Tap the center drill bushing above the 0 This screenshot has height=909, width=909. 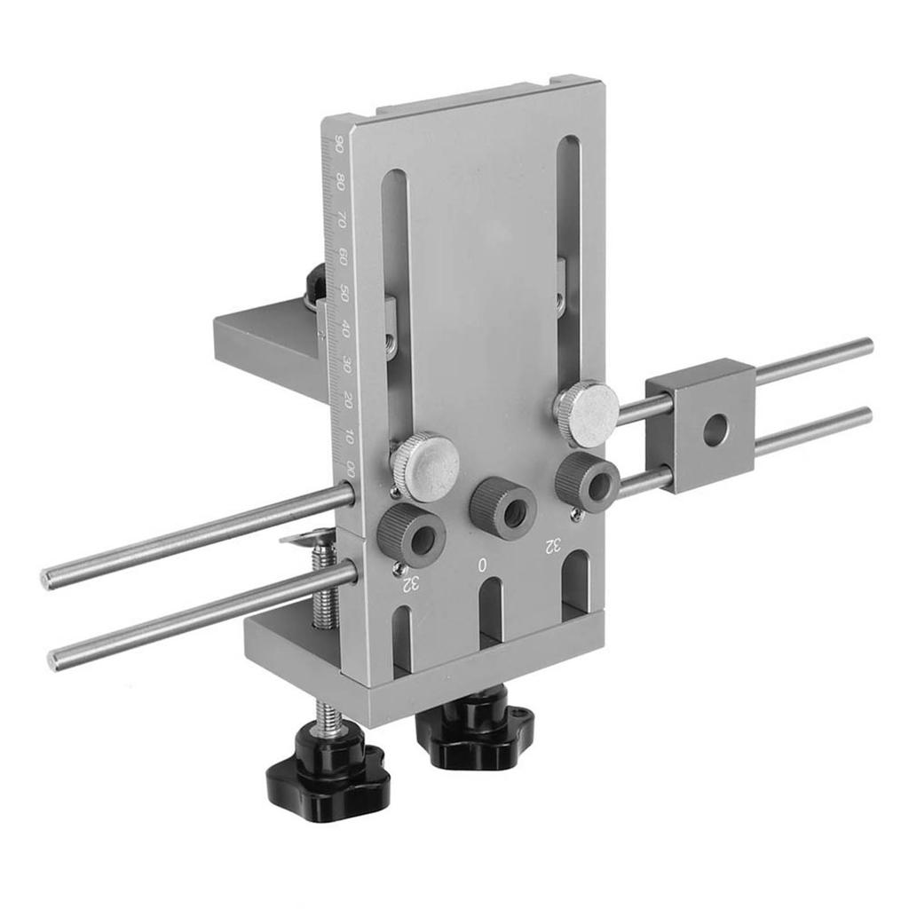click(504, 508)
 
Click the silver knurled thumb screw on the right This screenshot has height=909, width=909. click(586, 414)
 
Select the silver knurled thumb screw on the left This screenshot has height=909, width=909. click(425, 465)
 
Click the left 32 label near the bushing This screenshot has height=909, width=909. click(410, 583)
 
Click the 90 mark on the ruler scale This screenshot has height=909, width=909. click(337, 144)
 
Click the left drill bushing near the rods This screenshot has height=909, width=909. click(411, 535)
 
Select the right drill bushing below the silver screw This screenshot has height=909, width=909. click(587, 482)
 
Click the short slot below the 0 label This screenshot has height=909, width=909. click(491, 611)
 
